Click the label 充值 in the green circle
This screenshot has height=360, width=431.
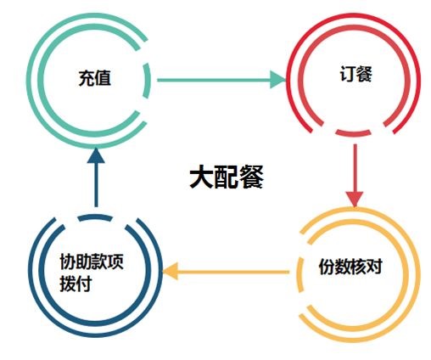95,78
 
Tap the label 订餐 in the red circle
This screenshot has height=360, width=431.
355,74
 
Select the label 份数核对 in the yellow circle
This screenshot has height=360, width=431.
350,267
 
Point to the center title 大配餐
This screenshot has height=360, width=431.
227,177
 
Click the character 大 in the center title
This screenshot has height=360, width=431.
201,177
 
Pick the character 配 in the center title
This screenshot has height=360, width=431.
227,177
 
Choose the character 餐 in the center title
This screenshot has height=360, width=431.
251,177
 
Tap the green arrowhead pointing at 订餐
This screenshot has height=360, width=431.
278,80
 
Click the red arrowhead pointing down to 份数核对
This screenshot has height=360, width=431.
355,199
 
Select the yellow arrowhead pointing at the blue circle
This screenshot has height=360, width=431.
171,271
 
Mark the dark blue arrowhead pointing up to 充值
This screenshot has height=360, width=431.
96,155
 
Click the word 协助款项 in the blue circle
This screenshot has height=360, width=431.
92,261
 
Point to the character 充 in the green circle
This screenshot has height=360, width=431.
87,78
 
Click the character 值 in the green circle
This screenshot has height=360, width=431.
103,78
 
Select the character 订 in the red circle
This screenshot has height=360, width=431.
347,74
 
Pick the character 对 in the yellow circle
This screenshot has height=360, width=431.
375,267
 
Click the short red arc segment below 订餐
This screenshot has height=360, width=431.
353,132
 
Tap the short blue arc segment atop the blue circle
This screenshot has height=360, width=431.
95,217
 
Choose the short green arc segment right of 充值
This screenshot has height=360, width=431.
146,81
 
